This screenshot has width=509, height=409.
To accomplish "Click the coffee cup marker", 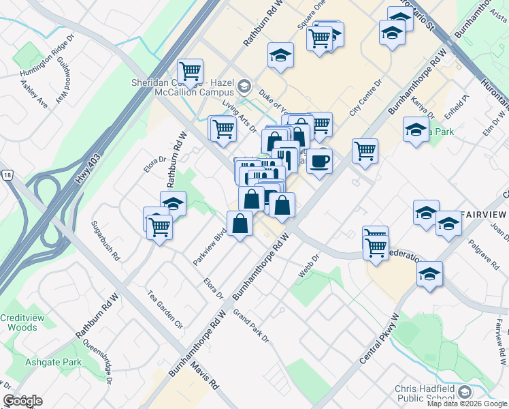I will [x=319, y=161].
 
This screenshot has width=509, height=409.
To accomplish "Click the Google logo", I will [x=22, y=401].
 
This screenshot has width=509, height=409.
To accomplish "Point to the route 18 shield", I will [x=6, y=175].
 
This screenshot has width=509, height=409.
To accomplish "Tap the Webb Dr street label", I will [x=308, y=266].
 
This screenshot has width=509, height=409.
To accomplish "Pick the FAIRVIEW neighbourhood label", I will [x=484, y=214].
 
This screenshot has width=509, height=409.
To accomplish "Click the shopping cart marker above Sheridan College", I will [x=191, y=70].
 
